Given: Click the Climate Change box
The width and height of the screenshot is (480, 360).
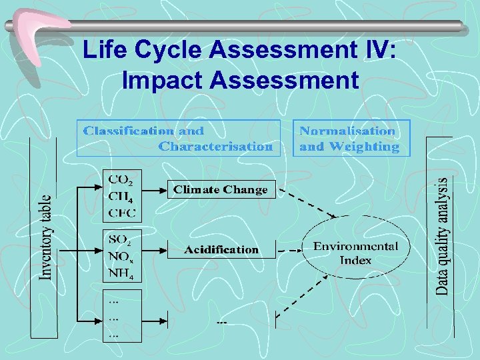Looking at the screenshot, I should (x=220, y=189).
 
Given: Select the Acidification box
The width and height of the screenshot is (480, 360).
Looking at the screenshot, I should (x=221, y=249).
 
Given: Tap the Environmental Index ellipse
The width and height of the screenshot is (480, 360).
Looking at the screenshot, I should (x=355, y=253).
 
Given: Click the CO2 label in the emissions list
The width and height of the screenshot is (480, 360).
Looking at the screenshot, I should (x=121, y=179).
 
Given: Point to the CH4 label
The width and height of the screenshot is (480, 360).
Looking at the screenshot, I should (x=121, y=196).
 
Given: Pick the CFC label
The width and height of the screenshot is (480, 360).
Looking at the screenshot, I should (x=121, y=213).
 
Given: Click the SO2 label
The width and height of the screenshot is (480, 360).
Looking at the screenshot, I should (x=121, y=238).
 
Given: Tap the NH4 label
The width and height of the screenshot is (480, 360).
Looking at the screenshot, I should (x=121, y=272).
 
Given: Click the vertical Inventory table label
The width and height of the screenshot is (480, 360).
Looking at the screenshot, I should (x=45, y=237).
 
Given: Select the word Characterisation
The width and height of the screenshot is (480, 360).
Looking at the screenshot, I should (x=215, y=146).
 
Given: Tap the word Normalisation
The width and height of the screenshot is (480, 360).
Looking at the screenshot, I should (x=347, y=131).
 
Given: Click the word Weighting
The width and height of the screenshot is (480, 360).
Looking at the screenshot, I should (x=369, y=146).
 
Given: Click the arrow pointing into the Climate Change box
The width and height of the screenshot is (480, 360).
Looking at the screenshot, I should (x=155, y=189).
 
